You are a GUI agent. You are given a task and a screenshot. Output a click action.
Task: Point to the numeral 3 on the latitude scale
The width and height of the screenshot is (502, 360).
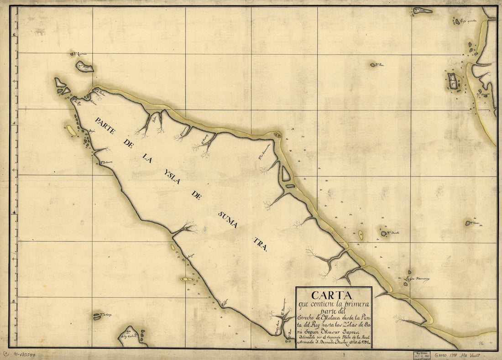click(15, 301)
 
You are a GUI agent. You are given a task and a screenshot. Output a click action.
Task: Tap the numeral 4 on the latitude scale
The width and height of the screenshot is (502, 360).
click(15, 213)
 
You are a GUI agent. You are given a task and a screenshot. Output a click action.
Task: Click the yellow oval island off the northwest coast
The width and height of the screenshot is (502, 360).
click(71, 130)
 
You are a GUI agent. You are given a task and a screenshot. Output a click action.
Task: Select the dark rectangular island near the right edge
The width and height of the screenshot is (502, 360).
click(452, 82)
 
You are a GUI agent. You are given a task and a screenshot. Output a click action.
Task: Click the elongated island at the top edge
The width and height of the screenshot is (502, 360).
click(423, 10)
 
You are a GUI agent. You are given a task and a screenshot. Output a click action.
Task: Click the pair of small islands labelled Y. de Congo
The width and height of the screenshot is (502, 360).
click(97, 316)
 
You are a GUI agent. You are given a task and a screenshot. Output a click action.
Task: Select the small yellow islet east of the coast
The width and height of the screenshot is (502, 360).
click(361, 235)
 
